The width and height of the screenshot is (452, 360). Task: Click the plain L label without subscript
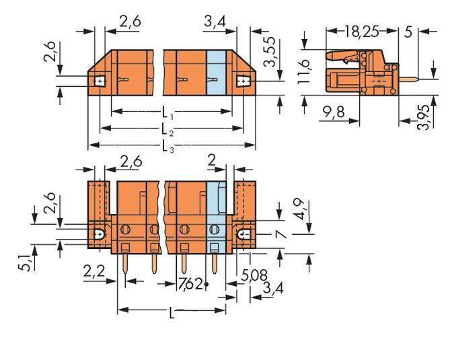[171, 313]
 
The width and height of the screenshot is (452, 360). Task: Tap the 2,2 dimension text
[94, 273]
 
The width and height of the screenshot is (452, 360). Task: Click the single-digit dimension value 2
[212, 159]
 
